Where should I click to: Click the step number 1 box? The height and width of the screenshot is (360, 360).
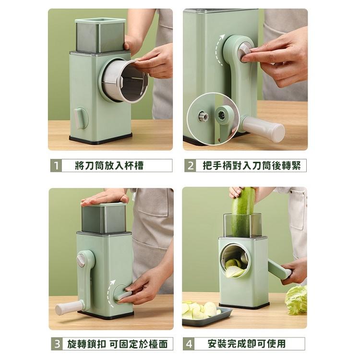tap(56, 166)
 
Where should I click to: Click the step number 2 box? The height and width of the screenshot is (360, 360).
tap(191, 166)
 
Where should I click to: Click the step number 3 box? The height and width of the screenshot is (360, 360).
tap(57, 344)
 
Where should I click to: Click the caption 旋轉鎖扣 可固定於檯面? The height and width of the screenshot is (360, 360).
tap(118, 344)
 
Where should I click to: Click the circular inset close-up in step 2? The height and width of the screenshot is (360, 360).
tap(213, 117)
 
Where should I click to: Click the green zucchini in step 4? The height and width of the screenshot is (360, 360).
tap(244, 211)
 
